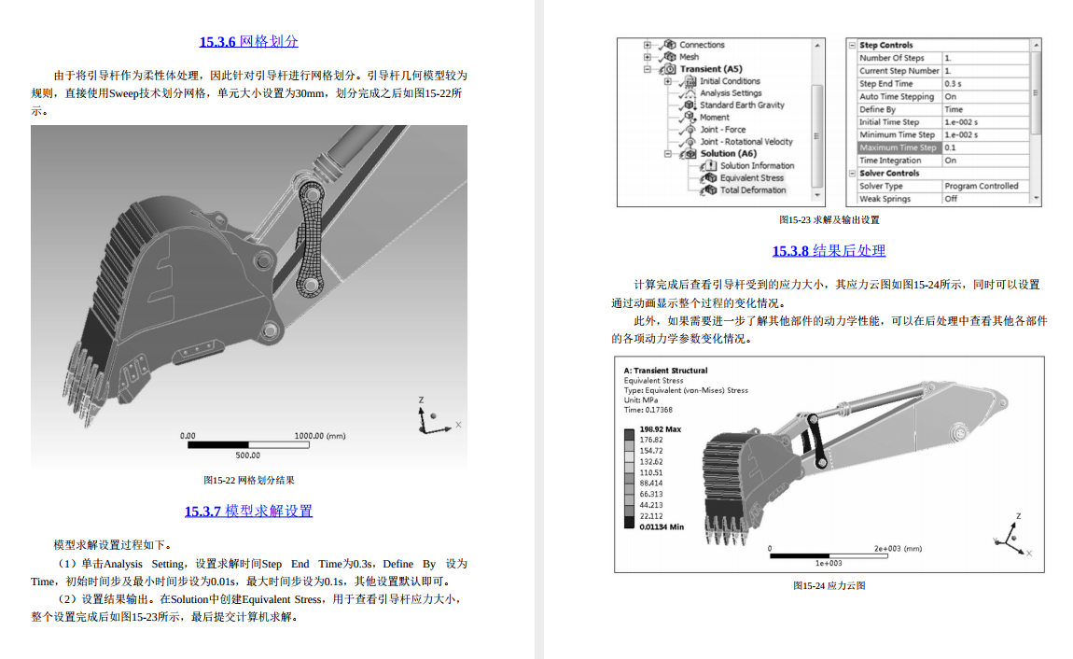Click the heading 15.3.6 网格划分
click(248, 42)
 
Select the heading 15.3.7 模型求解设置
click(248, 511)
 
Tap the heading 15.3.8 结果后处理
click(829, 250)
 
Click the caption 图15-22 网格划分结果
click(248, 480)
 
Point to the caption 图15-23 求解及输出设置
click(829, 220)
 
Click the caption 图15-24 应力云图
click(829, 585)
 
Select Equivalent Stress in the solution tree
click(751, 177)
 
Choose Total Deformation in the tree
click(753, 189)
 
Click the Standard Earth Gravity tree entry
click(742, 105)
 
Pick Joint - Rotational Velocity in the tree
click(746, 142)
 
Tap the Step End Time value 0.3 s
click(955, 84)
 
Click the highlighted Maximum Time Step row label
click(898, 147)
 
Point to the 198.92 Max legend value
click(660, 429)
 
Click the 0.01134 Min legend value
click(661, 526)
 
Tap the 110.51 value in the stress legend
click(651, 472)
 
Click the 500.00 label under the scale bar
click(247, 455)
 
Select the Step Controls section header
click(885, 45)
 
